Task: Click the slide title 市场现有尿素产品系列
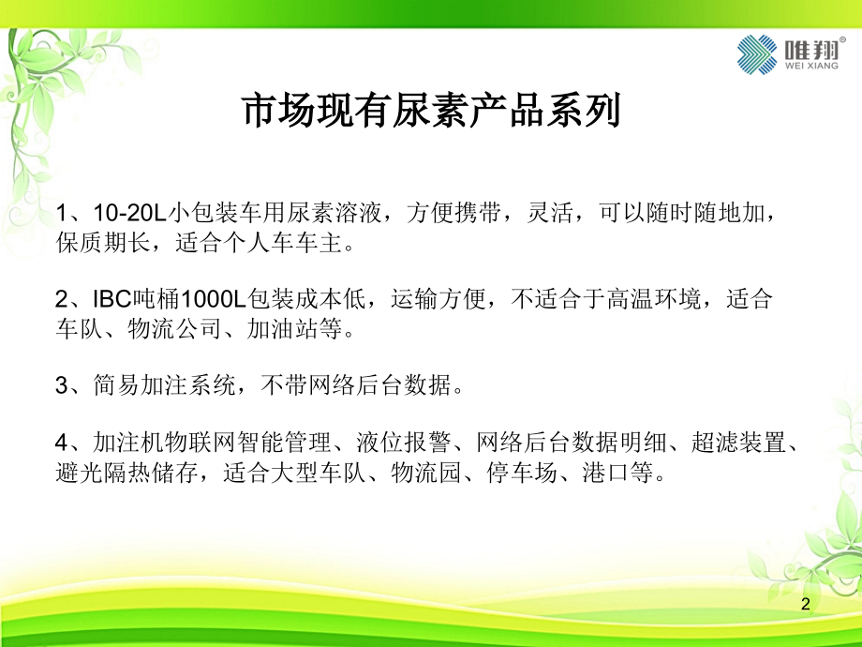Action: click(431, 113)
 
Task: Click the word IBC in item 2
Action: click(111, 300)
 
